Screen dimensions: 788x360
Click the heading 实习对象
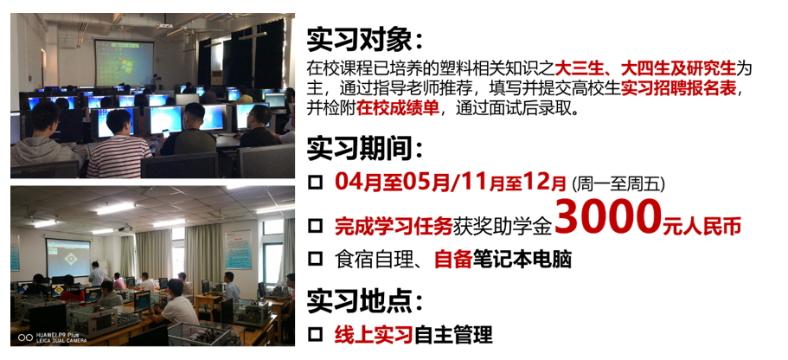361,40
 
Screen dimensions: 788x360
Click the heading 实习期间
361,150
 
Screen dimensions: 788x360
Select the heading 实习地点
361,301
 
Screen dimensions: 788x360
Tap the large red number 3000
607,218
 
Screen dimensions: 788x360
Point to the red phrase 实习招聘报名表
679,89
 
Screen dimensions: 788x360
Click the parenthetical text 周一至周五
618,184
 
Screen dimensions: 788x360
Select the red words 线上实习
374,335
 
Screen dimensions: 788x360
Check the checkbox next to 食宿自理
315,260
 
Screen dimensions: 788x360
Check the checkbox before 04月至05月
315,183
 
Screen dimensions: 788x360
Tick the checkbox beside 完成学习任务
315,226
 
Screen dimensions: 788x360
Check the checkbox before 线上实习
315,334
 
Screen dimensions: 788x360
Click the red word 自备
453,260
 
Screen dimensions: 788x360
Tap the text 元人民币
702,227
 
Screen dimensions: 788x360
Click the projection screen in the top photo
125,63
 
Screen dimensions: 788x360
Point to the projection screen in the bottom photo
68,257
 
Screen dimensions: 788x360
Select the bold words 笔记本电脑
522,260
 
